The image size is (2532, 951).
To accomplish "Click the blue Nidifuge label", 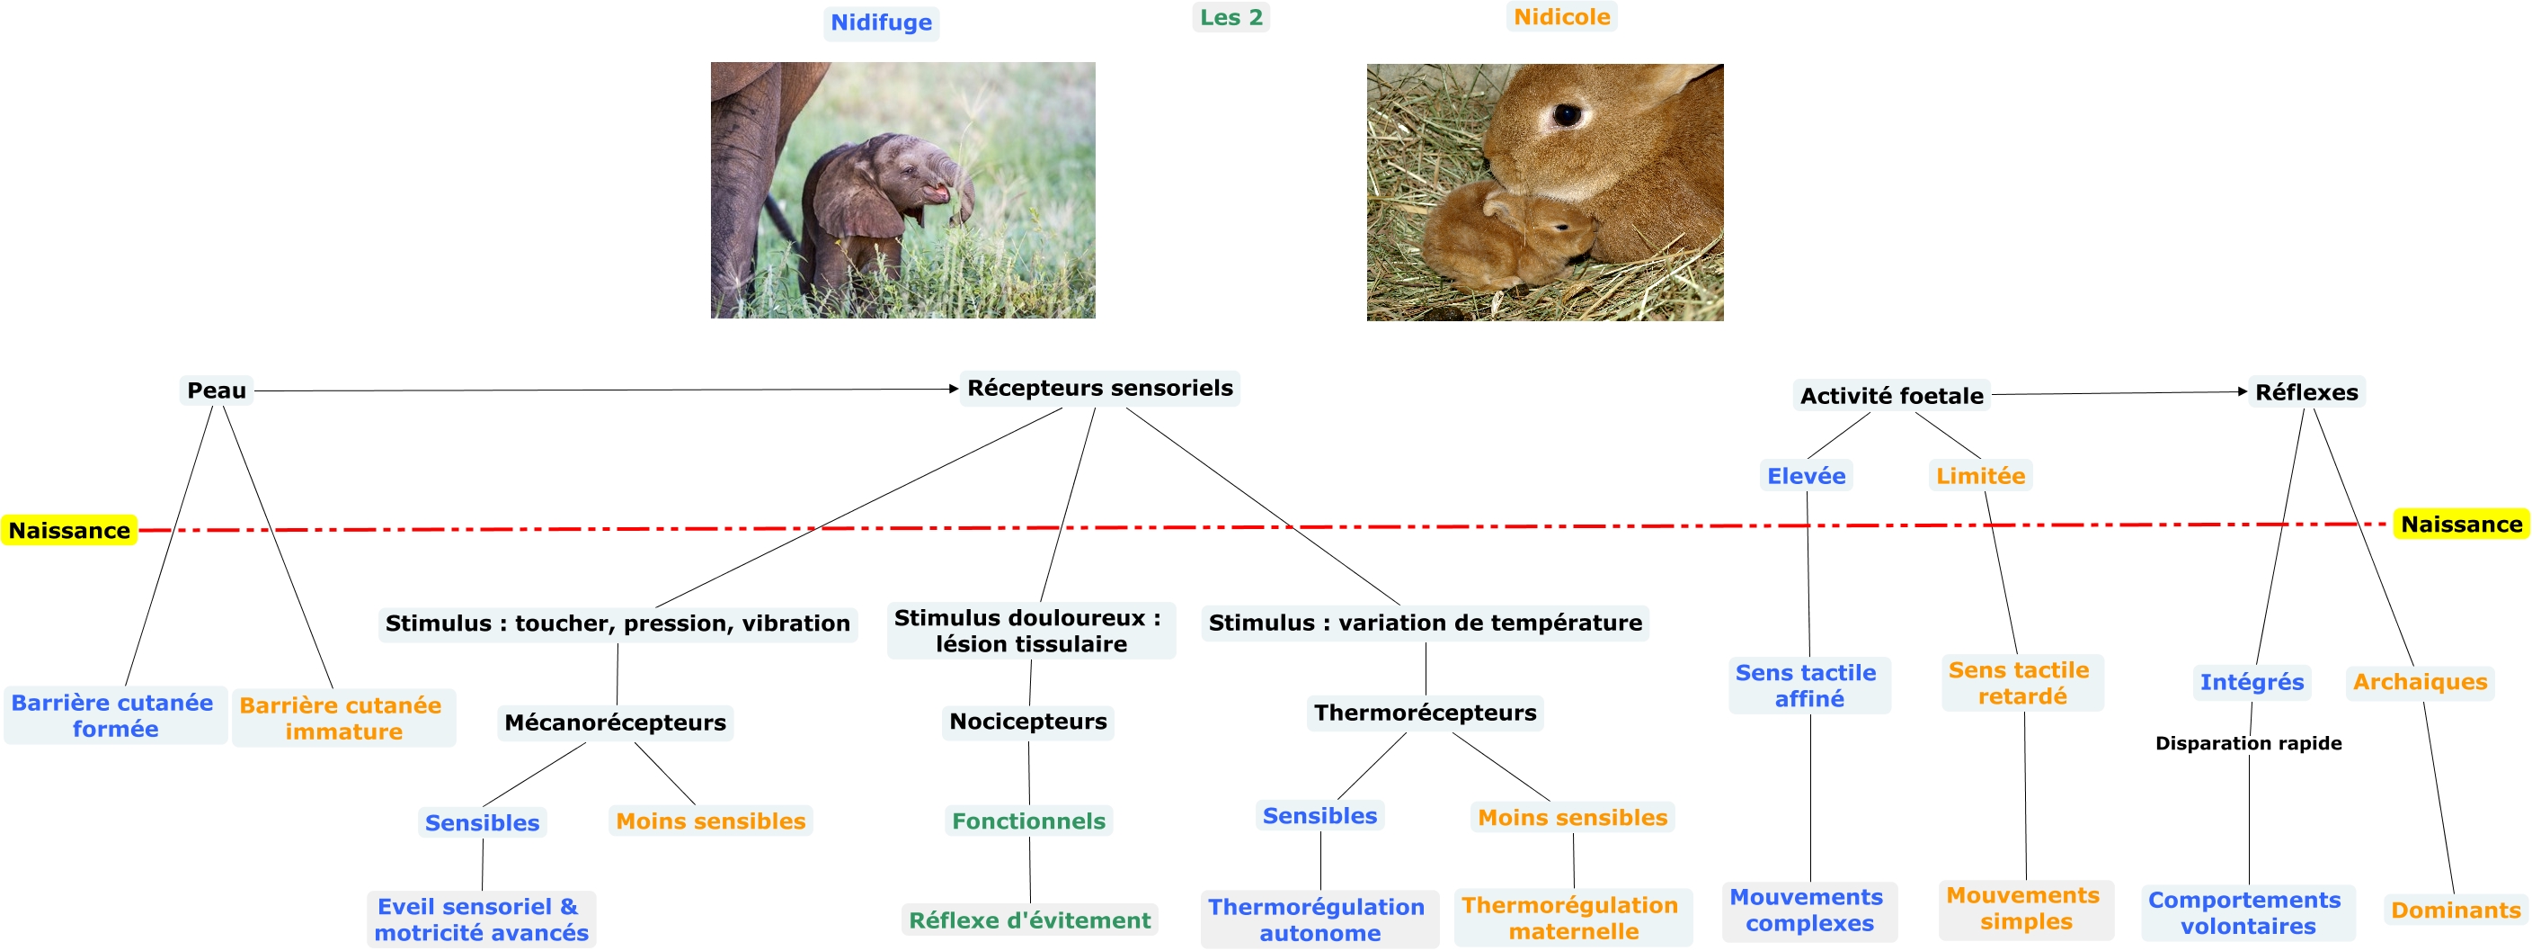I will point(881,22).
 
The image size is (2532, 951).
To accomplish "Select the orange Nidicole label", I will point(1561,17).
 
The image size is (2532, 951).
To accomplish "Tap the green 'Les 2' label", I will point(1230,17).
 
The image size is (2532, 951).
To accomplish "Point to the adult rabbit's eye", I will point(1566,115).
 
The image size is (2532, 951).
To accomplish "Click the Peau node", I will point(217,390).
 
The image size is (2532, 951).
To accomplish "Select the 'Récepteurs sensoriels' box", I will point(1099,389).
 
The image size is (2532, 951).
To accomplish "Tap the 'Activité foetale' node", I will point(1891,395).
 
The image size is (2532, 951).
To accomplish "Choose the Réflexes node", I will point(2305,392).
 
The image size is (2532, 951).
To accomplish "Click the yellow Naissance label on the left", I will point(69,530).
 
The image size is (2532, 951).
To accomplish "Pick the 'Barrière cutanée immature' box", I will point(342,718).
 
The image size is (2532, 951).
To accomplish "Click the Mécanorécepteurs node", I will point(616,722).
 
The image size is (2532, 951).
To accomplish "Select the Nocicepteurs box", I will point(1027,722).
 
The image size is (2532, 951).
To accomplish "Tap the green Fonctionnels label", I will point(1028,821).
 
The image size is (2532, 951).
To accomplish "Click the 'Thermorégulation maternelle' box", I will point(1571,918).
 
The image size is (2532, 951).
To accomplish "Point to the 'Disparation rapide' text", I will point(2248,743).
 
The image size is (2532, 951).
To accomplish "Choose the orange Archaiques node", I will point(2419,681).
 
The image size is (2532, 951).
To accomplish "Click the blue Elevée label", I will point(1806,476).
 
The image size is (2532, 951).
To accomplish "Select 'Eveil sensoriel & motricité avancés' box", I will point(481,920).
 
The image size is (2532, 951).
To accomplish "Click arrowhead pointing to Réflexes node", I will point(2242,391).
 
